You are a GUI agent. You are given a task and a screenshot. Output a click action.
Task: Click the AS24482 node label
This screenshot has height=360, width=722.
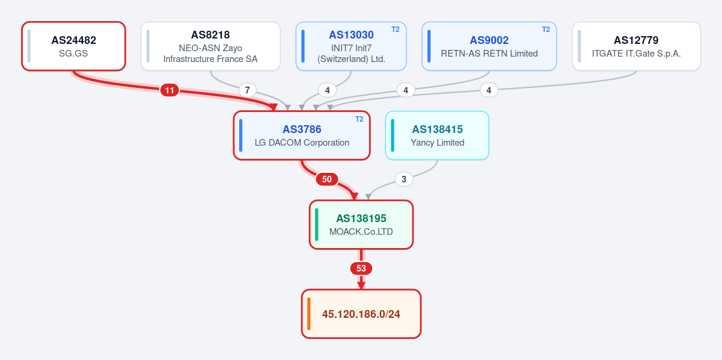(73, 40)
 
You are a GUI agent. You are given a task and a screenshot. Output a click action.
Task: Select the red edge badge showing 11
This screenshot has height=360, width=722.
(169, 90)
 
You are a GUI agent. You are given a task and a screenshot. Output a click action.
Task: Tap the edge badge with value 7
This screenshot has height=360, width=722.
(247, 90)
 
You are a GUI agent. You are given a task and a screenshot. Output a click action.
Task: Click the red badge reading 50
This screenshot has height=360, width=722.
(326, 179)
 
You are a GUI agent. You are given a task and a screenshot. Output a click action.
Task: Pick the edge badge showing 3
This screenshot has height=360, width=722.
(404, 179)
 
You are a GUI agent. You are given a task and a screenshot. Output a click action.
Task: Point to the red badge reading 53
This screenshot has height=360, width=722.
(361, 268)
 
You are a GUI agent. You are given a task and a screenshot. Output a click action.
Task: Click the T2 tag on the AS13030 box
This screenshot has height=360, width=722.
(396, 29)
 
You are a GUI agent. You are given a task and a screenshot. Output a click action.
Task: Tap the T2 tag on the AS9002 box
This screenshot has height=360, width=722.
(546, 29)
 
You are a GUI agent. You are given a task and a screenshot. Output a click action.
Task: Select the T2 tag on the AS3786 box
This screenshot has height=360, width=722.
(359, 119)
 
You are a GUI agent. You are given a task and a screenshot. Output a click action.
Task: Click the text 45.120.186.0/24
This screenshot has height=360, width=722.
(361, 314)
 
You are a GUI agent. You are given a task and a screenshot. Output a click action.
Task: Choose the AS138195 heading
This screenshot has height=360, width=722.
(361, 218)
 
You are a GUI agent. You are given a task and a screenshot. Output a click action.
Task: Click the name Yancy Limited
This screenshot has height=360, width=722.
(437, 143)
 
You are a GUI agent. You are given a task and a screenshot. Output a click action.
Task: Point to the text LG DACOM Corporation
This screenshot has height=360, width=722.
(302, 143)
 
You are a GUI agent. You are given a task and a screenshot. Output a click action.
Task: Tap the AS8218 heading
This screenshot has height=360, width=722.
(210, 35)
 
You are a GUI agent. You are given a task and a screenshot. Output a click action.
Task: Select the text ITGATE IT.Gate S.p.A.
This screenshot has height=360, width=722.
(636, 54)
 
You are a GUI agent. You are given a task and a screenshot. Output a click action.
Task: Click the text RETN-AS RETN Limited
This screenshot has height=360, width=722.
(490, 54)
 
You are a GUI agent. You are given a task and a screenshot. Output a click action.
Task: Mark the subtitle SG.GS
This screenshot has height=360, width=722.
(73, 54)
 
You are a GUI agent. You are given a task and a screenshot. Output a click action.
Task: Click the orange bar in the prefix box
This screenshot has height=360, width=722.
(308, 314)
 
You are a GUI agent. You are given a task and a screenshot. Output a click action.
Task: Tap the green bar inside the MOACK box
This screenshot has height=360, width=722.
(316, 225)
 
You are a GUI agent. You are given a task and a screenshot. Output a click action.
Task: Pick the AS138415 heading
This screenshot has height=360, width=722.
(437, 129)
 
